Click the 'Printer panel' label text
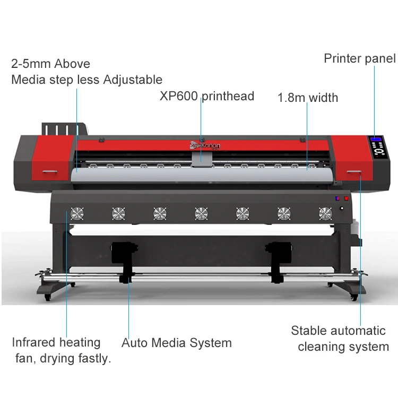[359, 58]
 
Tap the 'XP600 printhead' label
[207, 96]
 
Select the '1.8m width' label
[308, 98]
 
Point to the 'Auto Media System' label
[176, 343]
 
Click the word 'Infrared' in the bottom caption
[34, 342]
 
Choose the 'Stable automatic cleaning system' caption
[339, 339]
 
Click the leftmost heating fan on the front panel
[76, 213]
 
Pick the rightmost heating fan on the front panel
[325, 213]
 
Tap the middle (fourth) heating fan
[201, 213]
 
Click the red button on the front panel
[347, 199]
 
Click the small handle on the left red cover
[51, 172]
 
